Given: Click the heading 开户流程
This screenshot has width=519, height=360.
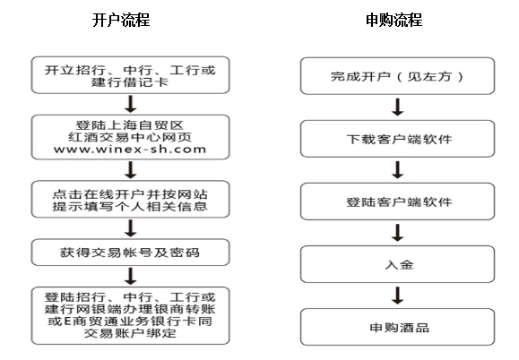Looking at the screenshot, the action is (x=121, y=20).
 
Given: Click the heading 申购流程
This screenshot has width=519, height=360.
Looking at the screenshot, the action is (x=394, y=20).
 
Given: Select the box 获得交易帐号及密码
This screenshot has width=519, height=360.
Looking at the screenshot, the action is (x=130, y=253).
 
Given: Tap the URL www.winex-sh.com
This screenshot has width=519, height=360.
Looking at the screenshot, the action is (x=130, y=149).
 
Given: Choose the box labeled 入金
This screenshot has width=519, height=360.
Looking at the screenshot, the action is (x=397, y=264).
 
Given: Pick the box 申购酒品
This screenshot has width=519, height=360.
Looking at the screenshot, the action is (x=397, y=327).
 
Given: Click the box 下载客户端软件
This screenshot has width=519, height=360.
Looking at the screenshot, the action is (x=397, y=139).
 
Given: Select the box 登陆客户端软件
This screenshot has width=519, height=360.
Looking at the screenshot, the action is (x=397, y=201).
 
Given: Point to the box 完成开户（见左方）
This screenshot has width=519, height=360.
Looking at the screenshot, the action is (x=397, y=76).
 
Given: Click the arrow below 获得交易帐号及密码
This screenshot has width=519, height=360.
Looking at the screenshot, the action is (x=131, y=276).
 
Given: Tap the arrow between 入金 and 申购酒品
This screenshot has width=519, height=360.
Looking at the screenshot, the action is (x=397, y=296).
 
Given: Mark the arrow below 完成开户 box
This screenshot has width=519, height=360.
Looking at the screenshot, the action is (x=397, y=107).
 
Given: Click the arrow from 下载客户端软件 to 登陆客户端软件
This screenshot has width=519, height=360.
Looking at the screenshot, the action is (x=397, y=170).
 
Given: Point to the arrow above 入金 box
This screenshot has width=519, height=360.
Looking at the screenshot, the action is (x=397, y=233).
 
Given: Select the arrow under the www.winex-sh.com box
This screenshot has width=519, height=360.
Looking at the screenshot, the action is (x=131, y=170).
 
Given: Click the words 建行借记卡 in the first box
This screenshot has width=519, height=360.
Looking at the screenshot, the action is (x=130, y=82).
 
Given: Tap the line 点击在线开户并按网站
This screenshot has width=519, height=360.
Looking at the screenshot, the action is (x=130, y=194).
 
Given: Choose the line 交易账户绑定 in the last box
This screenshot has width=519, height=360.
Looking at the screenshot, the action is (x=130, y=333).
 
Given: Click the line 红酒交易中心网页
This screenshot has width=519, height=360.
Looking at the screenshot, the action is (x=130, y=137).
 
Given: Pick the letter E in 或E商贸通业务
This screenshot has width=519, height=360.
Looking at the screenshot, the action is (x=68, y=321).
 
